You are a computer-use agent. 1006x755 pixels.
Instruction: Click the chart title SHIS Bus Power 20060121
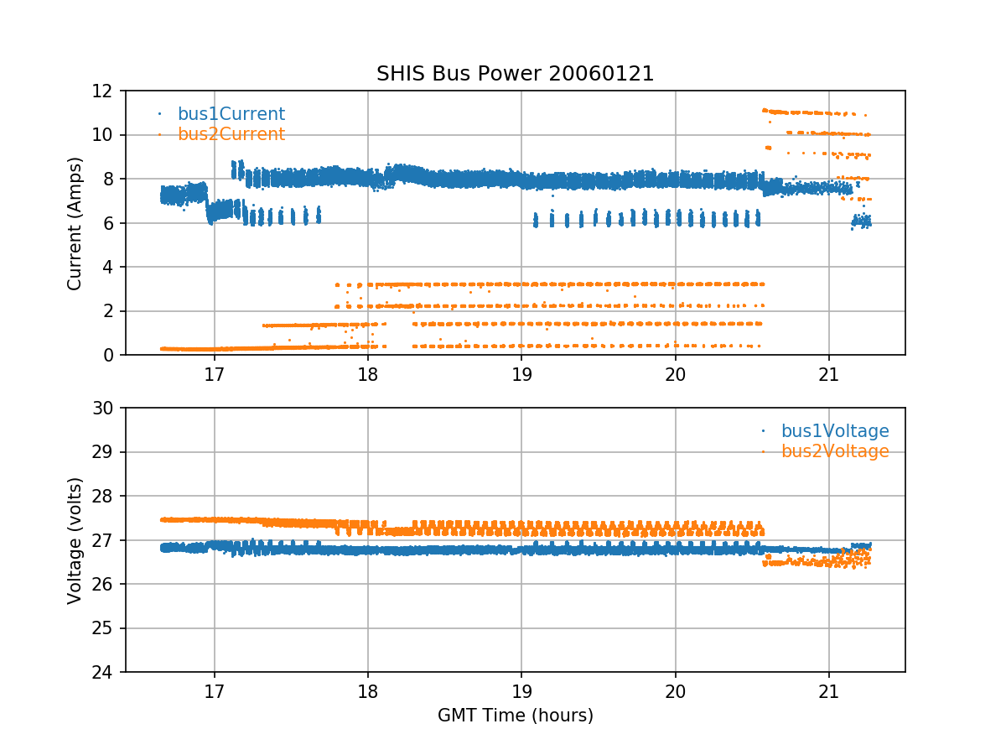pyautogui.click(x=515, y=74)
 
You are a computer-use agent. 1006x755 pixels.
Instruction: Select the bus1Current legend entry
pyautogui.click(x=231, y=114)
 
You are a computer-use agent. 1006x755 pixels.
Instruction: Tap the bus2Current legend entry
pyautogui.click(x=231, y=134)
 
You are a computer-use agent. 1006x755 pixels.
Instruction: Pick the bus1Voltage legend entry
pyautogui.click(x=835, y=431)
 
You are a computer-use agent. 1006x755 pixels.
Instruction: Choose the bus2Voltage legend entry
pyautogui.click(x=835, y=451)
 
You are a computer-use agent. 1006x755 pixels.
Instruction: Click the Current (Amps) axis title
pyautogui.click(x=75, y=223)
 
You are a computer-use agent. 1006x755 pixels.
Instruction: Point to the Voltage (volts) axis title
pyautogui.click(x=75, y=540)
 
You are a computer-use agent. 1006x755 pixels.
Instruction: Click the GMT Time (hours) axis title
pyautogui.click(x=515, y=716)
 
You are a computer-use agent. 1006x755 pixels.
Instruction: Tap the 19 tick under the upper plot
pyautogui.click(x=521, y=372)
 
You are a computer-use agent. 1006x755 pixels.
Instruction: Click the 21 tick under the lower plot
pyautogui.click(x=828, y=690)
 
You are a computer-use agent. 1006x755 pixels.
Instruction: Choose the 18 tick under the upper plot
pyautogui.click(x=368, y=372)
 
